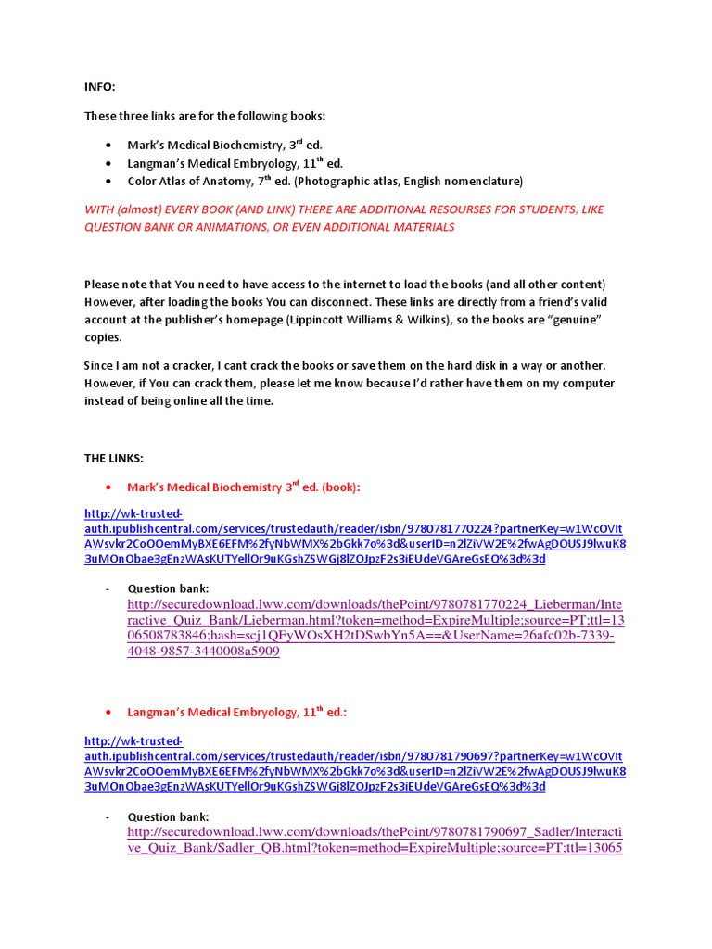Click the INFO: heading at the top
[x=100, y=86]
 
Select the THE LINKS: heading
[x=114, y=458]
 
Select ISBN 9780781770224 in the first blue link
[x=449, y=529]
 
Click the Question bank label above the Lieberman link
[x=168, y=588]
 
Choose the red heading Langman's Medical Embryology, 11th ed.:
[x=236, y=712]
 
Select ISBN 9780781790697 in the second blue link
[x=449, y=756]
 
